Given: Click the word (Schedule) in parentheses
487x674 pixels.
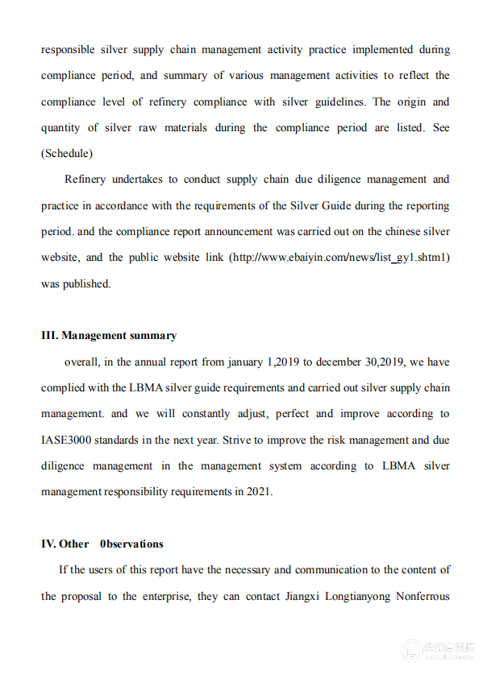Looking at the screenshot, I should point(67,154).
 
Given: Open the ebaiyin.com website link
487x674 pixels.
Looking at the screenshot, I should point(339,258).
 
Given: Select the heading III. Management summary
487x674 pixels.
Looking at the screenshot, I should point(109,336).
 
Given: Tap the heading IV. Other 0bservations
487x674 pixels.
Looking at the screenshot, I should point(102,544).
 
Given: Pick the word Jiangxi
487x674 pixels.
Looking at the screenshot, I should point(301,597).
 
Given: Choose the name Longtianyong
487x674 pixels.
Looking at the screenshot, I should point(364,597).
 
